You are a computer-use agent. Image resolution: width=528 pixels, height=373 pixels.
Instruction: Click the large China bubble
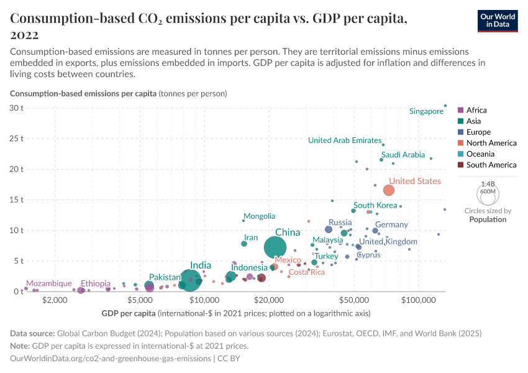(275, 247)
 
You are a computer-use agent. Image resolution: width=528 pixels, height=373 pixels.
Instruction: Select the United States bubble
(389, 190)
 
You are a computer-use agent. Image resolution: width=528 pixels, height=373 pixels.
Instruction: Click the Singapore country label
(426, 111)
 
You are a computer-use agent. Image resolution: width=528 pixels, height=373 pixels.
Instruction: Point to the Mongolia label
(259, 216)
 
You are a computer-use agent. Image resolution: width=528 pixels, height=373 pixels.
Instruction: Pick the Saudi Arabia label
(403, 155)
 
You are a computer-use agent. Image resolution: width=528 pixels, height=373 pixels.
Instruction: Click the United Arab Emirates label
(344, 140)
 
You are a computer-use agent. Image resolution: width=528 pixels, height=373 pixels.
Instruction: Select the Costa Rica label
(307, 272)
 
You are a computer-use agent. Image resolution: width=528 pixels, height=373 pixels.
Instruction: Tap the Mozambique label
(48, 283)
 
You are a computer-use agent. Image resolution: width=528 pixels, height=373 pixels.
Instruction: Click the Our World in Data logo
(498, 21)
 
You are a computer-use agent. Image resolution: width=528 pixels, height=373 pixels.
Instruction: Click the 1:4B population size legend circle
(488, 193)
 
